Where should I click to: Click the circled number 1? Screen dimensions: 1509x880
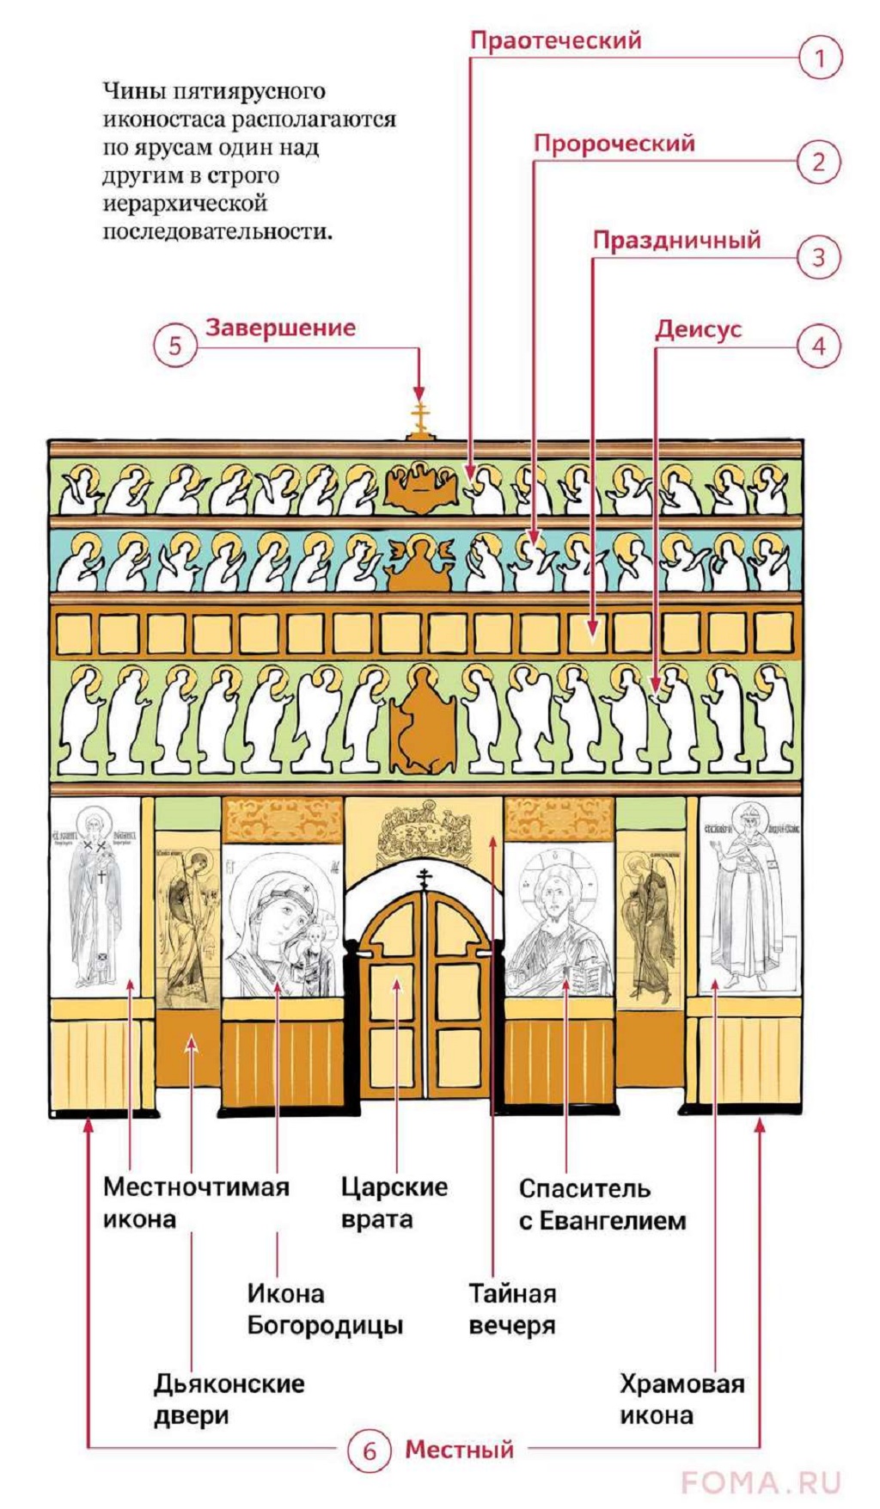click(819, 58)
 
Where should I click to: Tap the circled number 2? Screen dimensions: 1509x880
click(819, 162)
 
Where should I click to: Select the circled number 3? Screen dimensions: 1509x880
click(819, 257)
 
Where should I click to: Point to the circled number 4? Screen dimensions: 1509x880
click(819, 347)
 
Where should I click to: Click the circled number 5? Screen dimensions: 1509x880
click(175, 346)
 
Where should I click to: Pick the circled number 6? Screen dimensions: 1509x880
click(370, 1451)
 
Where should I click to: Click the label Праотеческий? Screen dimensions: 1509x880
click(556, 40)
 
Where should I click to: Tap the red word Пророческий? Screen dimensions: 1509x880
click(614, 143)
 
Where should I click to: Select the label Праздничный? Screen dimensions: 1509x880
click(677, 240)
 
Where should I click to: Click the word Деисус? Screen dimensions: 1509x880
click(698, 329)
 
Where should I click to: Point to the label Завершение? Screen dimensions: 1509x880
click(280, 328)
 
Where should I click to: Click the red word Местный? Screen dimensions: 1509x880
click(459, 1450)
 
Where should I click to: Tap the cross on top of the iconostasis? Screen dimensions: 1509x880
click(419, 418)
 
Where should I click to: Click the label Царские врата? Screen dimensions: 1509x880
click(394, 1203)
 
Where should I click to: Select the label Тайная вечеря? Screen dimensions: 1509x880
click(512, 1309)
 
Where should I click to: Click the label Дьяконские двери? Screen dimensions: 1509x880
click(229, 1399)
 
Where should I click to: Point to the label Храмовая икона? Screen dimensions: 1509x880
click(681, 1399)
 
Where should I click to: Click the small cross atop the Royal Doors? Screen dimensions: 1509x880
click(424, 879)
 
